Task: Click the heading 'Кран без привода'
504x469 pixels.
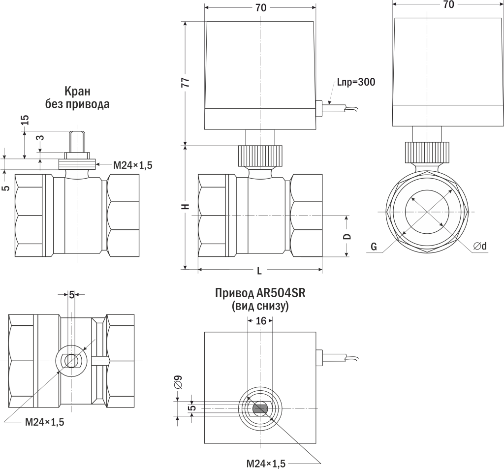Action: tap(77, 98)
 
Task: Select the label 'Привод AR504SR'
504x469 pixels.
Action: tap(260, 293)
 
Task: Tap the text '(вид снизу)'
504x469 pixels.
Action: tap(260, 306)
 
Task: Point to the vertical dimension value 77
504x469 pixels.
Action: tap(186, 82)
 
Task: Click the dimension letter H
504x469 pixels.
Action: tap(186, 207)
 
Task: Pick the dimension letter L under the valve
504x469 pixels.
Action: tap(259, 272)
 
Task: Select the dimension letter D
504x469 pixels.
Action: tap(347, 236)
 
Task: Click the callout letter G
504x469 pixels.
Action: tap(374, 247)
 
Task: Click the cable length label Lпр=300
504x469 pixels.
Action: tap(356, 82)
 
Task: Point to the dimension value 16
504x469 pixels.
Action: tap(261, 321)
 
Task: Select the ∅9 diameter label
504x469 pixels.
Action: tap(178, 381)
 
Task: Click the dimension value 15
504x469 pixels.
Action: tap(25, 121)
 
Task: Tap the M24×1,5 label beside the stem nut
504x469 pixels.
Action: tap(133, 165)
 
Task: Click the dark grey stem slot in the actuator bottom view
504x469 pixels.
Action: tap(260, 408)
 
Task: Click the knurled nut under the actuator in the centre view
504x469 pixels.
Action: tap(260, 156)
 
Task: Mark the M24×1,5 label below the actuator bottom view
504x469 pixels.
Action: tap(265, 463)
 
